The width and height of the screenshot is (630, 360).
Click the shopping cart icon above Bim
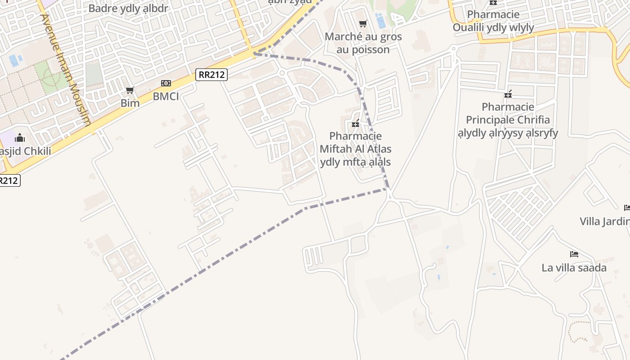(x=130, y=90)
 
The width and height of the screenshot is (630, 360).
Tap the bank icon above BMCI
(x=166, y=83)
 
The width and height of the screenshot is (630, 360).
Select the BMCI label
(x=166, y=96)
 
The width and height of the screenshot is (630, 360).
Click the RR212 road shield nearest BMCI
(x=211, y=75)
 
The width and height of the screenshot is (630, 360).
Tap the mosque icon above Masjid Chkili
(x=20, y=137)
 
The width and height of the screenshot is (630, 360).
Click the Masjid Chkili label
(x=25, y=151)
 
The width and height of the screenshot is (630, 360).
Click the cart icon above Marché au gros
(x=363, y=23)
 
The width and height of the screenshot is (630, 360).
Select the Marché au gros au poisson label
(x=363, y=43)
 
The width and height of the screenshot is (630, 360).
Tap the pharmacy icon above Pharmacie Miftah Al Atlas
(x=355, y=123)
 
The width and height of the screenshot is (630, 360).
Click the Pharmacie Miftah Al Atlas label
(x=355, y=149)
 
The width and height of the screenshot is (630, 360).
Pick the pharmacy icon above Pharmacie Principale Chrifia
(x=508, y=94)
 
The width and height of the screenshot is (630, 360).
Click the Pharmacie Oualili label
(x=493, y=21)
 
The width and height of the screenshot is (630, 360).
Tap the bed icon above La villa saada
(x=574, y=254)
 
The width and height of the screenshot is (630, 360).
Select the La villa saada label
(x=574, y=268)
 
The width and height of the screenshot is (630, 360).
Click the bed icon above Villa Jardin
(x=627, y=207)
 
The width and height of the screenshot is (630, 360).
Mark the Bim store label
(x=130, y=103)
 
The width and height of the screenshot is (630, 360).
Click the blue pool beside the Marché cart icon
(x=380, y=21)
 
